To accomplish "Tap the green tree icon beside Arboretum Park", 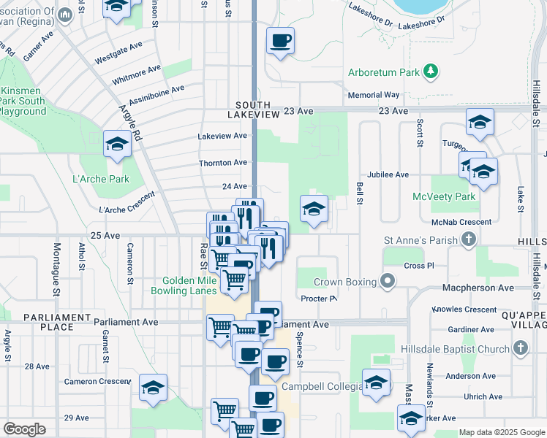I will pyautogui.click(x=431, y=71).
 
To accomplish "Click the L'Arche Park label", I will pyautogui.click(x=101, y=179).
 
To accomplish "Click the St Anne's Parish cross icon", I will pyautogui.click(x=469, y=239).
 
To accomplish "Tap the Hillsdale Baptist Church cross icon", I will pyautogui.click(x=521, y=348).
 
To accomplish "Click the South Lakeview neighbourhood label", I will pyautogui.click(x=253, y=110).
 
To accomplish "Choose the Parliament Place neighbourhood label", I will pyautogui.click(x=48, y=322).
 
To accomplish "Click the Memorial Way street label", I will pyautogui.click(x=374, y=95).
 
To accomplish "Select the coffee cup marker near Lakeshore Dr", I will pyautogui.click(x=279, y=42).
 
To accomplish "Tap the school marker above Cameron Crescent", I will pyautogui.click(x=153, y=388).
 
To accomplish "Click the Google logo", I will pyautogui.click(x=24, y=429).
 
